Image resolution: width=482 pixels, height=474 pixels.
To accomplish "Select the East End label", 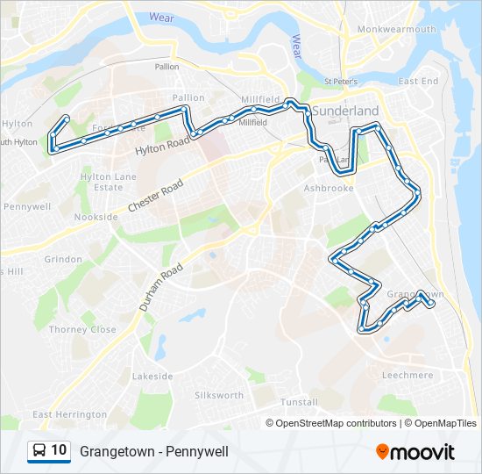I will (x=418, y=82).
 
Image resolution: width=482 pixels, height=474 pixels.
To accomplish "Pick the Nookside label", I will (x=96, y=217).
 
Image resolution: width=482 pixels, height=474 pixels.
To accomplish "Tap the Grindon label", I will (x=62, y=260).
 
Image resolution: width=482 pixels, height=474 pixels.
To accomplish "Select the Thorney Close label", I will (x=82, y=330).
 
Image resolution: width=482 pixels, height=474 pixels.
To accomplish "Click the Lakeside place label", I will (x=152, y=377).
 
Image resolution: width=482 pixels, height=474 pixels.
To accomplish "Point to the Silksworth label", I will (x=219, y=396).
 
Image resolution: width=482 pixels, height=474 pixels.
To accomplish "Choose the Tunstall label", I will (x=299, y=402).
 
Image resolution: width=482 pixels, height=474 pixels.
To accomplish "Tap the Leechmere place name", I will (x=408, y=376).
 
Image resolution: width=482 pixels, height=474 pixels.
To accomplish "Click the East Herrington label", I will (x=69, y=414).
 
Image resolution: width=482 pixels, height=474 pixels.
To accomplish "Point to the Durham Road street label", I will (x=160, y=287).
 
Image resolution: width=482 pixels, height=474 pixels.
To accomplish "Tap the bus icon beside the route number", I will (x=39, y=451).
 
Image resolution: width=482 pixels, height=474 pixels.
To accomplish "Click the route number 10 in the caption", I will (x=59, y=450).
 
